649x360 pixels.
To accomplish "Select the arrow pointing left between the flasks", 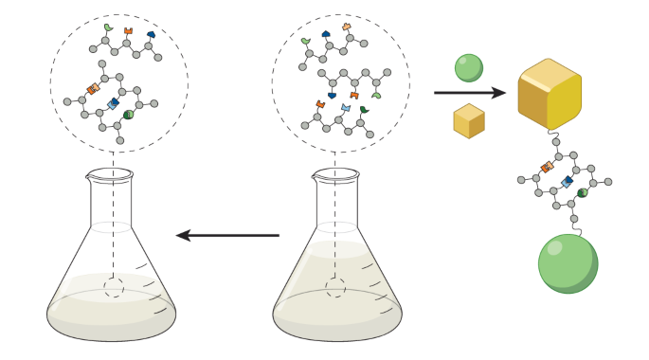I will tap(227, 235).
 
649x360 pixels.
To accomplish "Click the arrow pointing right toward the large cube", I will tap(469, 93).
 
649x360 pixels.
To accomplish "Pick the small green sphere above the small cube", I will tap(468, 67).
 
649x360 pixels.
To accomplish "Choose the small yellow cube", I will tap(469, 121).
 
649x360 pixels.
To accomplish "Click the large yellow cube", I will tap(549, 94).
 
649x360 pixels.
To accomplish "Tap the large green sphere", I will tap(568, 263).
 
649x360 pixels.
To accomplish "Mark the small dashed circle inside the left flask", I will tap(114, 287).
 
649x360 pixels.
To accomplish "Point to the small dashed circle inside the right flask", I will tap(335, 287).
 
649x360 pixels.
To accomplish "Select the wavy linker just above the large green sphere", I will tap(574, 226).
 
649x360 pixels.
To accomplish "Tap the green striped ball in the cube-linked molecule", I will tap(582, 193).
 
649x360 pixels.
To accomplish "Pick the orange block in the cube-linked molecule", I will tap(547, 167).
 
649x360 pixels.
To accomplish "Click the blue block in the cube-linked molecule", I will tap(567, 181).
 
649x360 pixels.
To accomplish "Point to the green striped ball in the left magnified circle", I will tap(128, 115).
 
